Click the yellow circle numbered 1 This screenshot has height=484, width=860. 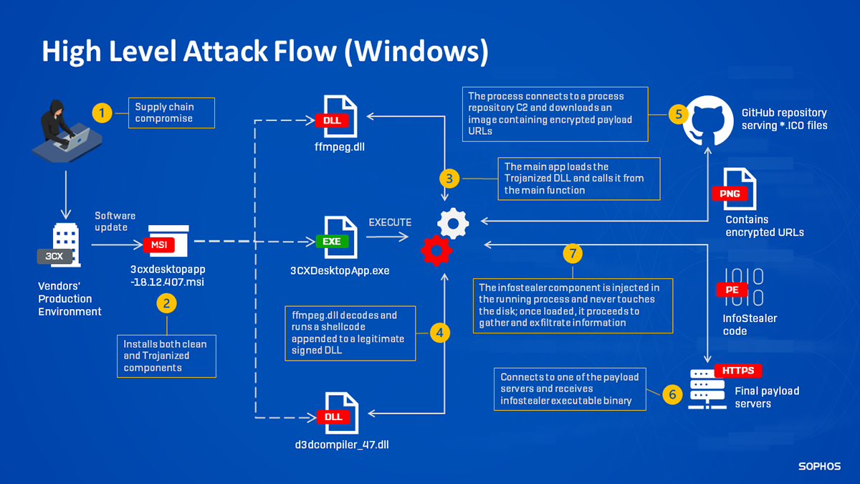pos(102,113)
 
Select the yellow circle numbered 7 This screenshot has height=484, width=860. pos(572,252)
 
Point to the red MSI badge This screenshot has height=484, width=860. pos(157,245)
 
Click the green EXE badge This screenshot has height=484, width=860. pos(332,242)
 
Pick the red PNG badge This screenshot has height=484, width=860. pos(730,194)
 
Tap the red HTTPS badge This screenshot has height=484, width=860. pos(738,371)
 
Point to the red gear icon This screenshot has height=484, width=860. pos(436,250)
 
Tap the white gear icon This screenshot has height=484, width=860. pos(453,222)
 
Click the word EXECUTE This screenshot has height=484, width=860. pos(390,223)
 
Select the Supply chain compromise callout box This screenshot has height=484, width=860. pos(171,113)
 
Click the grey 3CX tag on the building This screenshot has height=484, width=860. pos(54,256)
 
